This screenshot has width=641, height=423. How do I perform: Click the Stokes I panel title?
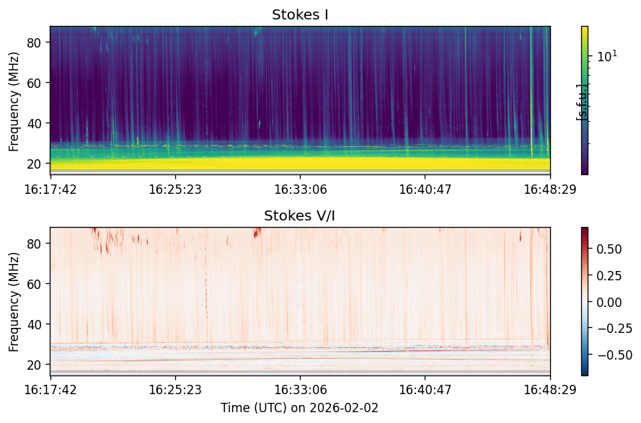point(300,14)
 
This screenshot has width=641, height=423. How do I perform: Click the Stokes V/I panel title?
point(300,215)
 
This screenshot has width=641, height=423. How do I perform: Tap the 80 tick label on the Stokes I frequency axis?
point(35,43)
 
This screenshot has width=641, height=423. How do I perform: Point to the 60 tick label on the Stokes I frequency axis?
point(35,83)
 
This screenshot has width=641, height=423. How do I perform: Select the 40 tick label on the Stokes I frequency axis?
point(35,123)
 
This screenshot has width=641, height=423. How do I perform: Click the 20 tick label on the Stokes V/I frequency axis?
point(35,365)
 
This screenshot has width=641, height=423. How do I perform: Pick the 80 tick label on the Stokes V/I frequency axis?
point(35,244)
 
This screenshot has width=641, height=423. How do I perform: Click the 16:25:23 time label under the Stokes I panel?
point(175,190)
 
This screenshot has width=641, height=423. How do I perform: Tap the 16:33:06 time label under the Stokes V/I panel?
point(301,390)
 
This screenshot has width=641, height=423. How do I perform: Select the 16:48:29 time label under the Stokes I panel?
point(550,190)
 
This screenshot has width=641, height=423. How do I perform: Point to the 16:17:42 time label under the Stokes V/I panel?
point(50,390)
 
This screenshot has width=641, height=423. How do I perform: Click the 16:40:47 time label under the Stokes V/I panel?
point(425,390)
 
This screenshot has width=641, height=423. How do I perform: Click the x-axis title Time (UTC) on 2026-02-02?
point(300,408)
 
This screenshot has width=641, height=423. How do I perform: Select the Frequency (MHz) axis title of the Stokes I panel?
point(14,102)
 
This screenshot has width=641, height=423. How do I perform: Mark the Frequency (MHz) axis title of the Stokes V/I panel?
point(14,302)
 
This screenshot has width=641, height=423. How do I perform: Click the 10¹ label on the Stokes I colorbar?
point(608,56)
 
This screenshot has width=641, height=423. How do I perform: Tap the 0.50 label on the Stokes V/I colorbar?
point(609,249)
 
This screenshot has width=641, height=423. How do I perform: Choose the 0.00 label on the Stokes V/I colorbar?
point(609,303)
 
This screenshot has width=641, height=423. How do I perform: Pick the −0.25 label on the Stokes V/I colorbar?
point(615,329)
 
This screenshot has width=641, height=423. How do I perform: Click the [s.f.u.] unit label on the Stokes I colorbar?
point(581,102)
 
